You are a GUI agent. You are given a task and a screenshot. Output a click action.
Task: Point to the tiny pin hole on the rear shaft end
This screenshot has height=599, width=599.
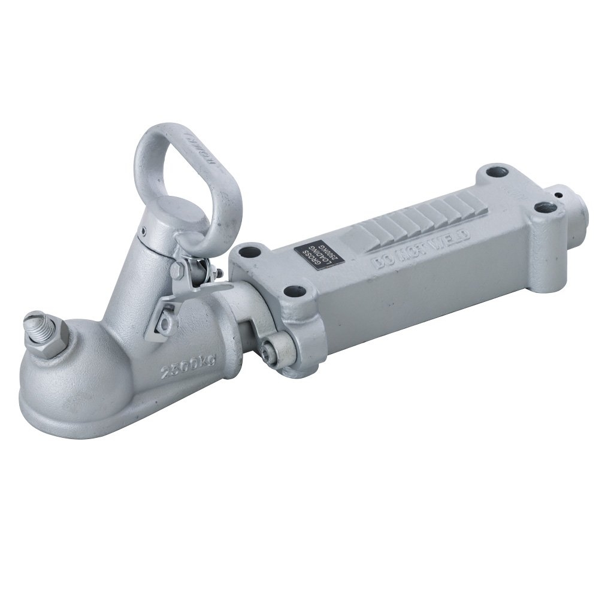coord(558,194)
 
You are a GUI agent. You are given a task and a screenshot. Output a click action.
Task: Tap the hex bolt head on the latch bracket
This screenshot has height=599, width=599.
coord(177,271)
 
